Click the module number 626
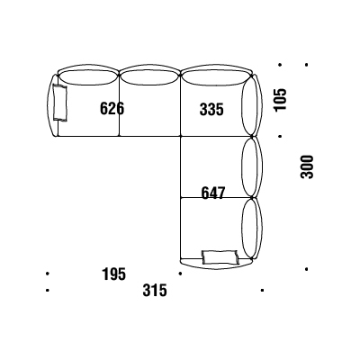click(112, 108)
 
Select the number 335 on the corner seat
click(211, 109)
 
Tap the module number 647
click(212, 193)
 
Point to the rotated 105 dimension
click(280, 100)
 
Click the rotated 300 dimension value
click(307, 166)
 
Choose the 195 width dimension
click(113, 274)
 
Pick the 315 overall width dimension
click(155, 291)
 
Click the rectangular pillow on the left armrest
click(60, 103)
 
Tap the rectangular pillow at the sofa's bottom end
click(220, 257)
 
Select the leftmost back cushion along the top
click(87, 77)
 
